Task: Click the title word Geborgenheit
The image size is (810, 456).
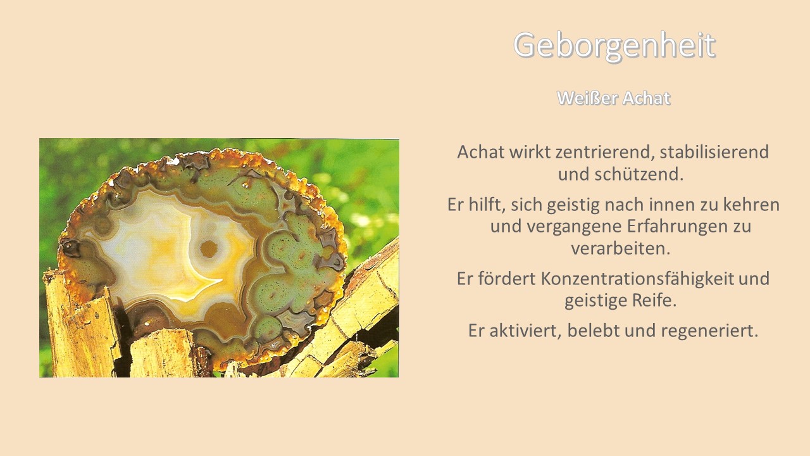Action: [614, 46]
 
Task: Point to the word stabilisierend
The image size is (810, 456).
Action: [714, 152]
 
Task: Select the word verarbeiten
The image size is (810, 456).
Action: [621, 249]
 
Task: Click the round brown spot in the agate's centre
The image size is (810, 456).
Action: [209, 249]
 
